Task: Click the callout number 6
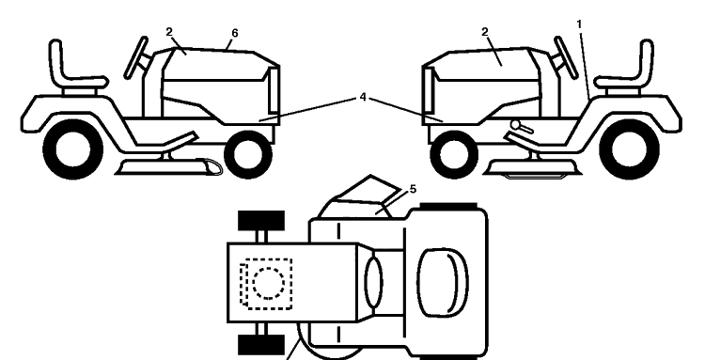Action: point(234,33)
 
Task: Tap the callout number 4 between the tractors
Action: point(363,97)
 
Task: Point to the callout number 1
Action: point(579,24)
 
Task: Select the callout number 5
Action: point(413,190)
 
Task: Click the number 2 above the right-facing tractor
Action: point(169,32)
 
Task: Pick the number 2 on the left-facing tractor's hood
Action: point(485,32)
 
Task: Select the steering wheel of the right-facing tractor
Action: point(137,57)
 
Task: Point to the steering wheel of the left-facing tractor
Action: point(565,57)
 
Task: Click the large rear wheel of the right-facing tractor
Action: point(72,149)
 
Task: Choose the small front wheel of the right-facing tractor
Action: point(248,154)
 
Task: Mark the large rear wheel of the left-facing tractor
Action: point(630,149)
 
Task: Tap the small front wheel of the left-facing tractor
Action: point(454,154)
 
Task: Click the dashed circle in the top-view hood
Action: point(269,284)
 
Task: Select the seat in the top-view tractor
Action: point(443,283)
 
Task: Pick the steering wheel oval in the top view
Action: point(373,283)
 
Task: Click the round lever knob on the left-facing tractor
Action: point(515,124)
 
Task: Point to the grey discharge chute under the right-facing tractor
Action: point(211,166)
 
